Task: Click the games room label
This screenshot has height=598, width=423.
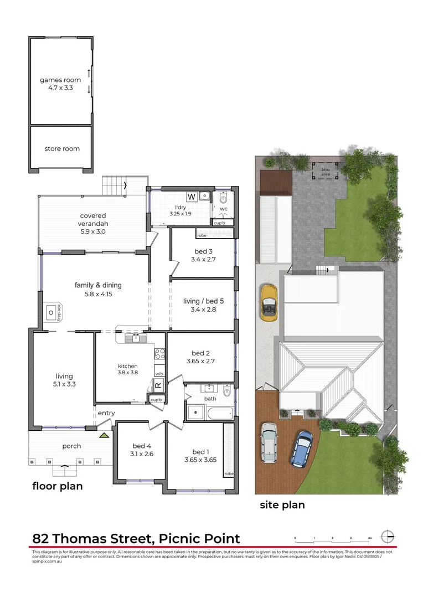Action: pos(60,80)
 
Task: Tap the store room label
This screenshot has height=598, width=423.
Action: pos(62,148)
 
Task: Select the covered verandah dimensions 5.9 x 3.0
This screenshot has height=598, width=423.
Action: pos(92,231)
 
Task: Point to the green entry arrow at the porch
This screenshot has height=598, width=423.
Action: pos(104,436)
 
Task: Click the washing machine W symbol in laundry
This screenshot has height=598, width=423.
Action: pos(191,196)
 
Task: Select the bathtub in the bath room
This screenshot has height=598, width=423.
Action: pos(220,412)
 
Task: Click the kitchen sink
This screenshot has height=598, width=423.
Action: pos(133,338)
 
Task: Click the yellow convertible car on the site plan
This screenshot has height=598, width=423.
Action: pos(269,302)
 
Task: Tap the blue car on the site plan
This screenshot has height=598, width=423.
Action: pos(302,447)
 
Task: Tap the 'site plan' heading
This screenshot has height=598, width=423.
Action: pos(282,504)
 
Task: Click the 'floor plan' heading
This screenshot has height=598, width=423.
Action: pos(58,486)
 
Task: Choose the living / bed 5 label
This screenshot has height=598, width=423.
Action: pos(203,301)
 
